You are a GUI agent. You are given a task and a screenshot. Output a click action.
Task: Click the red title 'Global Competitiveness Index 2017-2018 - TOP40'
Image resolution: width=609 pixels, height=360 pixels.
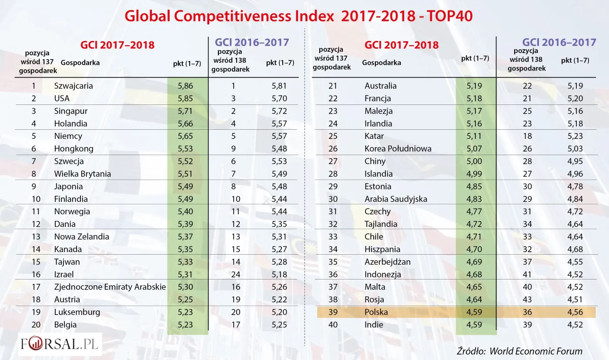(x=298, y=16)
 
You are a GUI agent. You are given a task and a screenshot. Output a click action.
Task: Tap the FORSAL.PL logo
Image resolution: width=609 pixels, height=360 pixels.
(x=60, y=344)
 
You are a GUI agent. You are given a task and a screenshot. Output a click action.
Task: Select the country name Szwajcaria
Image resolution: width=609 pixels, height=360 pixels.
(x=74, y=86)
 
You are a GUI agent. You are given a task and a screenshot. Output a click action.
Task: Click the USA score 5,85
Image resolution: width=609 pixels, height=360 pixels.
(x=185, y=98)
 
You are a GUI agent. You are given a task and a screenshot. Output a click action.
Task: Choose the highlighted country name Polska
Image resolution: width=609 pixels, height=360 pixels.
(x=376, y=312)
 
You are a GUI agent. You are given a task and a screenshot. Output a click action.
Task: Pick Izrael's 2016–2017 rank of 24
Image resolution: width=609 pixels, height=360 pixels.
(x=234, y=274)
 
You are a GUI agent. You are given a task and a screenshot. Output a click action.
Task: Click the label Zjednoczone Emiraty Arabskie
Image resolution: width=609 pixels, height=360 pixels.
(x=110, y=287)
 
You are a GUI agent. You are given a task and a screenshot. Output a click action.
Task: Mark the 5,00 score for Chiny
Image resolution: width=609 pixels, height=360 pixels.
(x=474, y=161)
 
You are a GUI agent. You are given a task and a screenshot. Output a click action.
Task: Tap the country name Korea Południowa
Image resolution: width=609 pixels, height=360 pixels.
(x=398, y=148)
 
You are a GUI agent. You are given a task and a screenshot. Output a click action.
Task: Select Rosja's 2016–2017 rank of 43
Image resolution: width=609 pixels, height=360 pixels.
(x=527, y=299)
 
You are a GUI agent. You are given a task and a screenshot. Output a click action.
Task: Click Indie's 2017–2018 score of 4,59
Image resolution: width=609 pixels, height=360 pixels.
(x=474, y=325)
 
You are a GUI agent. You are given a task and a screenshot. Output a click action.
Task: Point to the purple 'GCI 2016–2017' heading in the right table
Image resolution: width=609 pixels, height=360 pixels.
(x=559, y=42)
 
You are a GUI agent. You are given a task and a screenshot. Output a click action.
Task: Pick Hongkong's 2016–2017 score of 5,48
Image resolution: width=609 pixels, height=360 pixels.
(x=279, y=148)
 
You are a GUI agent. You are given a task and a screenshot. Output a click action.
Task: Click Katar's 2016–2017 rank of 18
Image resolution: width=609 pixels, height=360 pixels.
(x=527, y=136)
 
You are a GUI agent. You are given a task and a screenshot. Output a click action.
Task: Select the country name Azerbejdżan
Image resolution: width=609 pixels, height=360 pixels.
(x=388, y=262)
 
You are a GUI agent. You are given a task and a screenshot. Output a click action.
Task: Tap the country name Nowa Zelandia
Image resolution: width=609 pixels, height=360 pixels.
(x=82, y=236)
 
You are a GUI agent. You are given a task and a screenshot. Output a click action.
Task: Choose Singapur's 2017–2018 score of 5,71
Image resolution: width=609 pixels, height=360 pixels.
(x=185, y=111)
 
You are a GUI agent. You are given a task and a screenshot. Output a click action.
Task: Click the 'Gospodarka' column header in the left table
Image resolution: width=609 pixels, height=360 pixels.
(x=80, y=63)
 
